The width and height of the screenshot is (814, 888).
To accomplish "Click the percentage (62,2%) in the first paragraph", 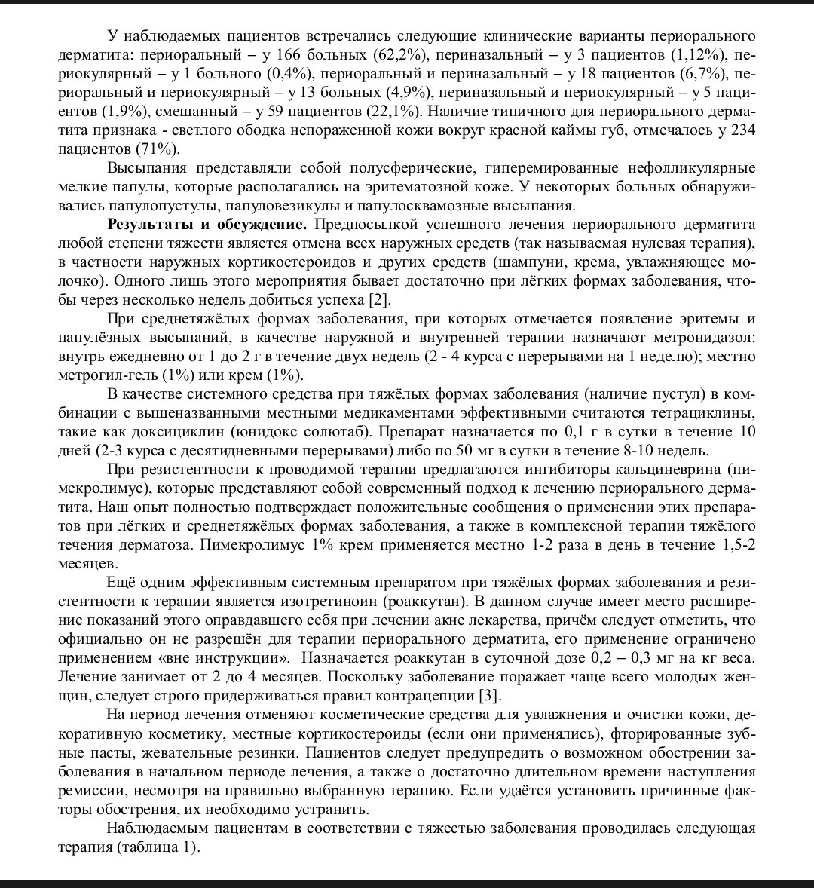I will [402, 55].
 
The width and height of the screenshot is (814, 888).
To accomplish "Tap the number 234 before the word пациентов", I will [743, 130].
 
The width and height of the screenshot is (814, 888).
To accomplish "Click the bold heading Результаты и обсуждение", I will [207, 225].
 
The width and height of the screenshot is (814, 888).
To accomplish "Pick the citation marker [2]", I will [379, 300].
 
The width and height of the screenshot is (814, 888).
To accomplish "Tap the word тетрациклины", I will [705, 413].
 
